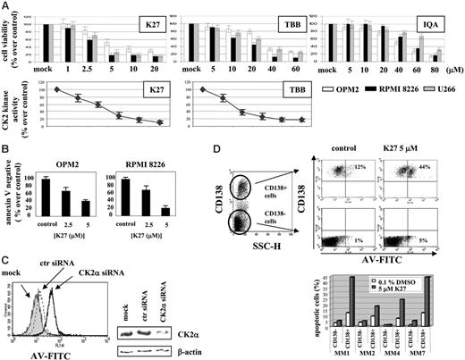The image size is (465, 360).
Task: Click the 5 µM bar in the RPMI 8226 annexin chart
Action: [165, 211]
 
